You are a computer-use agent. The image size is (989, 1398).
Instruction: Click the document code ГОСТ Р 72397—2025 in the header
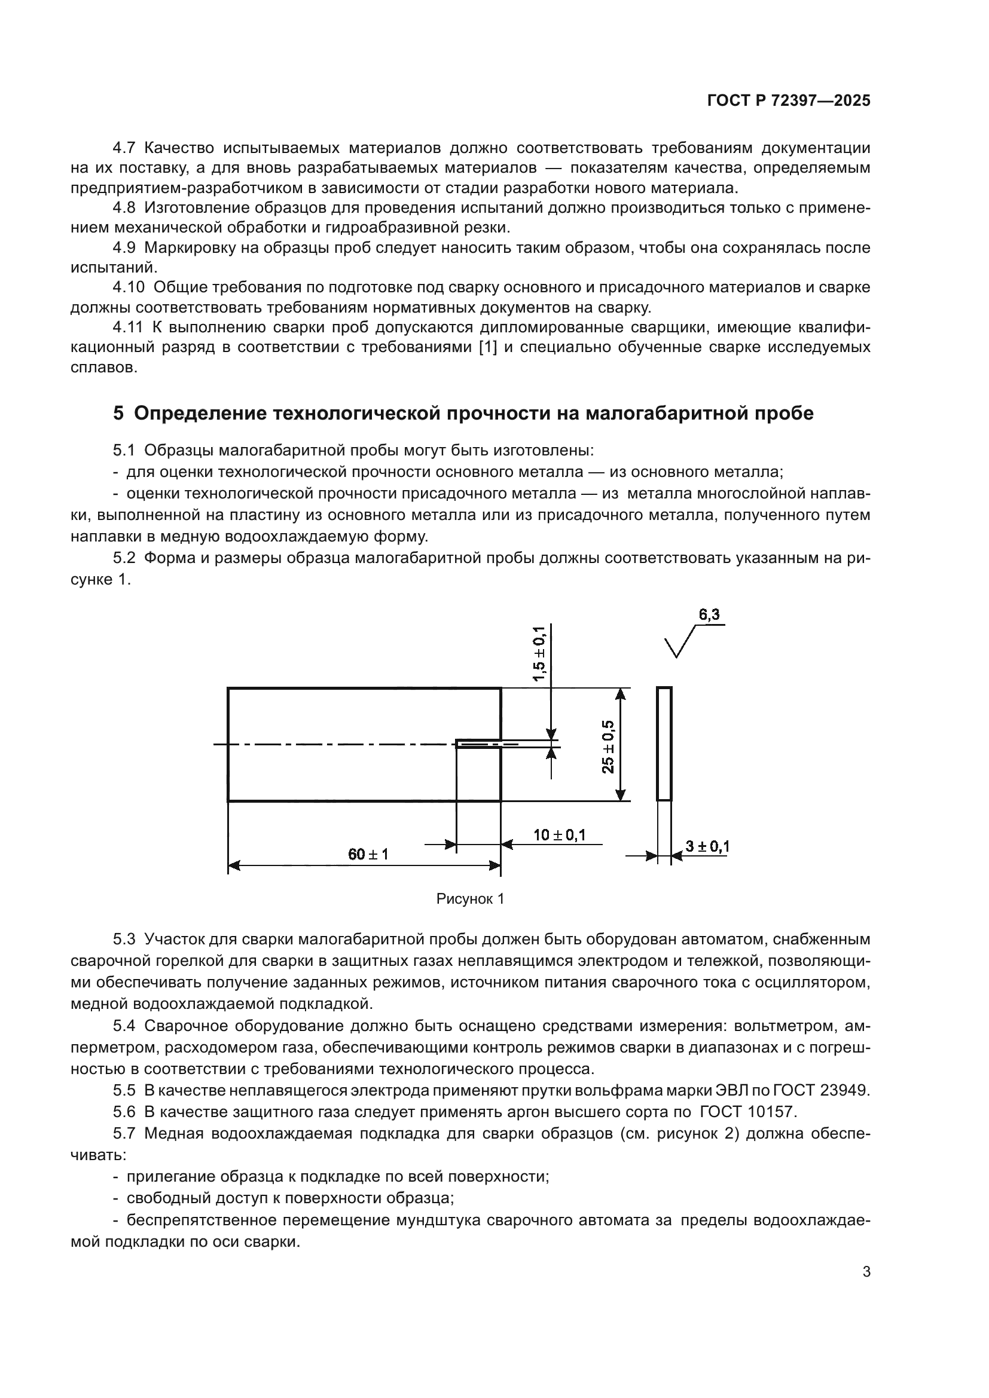pos(789,101)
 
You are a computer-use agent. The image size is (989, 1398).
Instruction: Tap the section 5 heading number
pos(118,414)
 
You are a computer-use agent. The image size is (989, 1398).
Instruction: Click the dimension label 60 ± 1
pos(368,854)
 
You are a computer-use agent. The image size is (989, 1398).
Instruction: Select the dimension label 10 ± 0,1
pos(560,835)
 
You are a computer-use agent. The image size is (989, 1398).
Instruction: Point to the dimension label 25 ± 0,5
pos(608,747)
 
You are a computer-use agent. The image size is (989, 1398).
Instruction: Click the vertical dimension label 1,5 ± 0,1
pos(539,654)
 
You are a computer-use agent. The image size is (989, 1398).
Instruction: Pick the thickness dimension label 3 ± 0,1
pos(707,846)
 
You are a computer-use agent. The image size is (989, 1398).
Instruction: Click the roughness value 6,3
pos(709,615)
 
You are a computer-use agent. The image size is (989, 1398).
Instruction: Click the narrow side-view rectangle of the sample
pos(664,744)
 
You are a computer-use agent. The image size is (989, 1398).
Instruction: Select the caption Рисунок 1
pos(470,900)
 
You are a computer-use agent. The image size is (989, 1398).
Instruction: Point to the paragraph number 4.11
pos(127,328)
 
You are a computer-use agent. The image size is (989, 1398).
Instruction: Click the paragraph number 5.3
pos(124,939)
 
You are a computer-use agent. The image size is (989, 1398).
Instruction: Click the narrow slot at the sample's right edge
pos(480,744)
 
